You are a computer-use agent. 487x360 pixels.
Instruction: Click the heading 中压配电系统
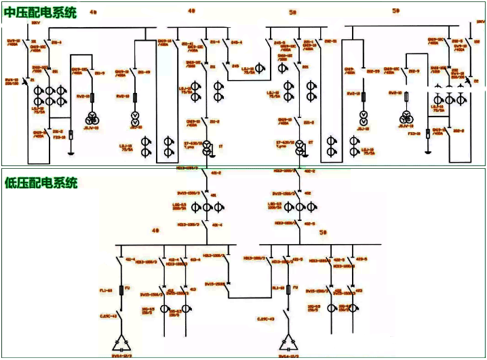[x=41, y=12]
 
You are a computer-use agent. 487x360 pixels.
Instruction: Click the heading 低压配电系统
[x=41, y=182]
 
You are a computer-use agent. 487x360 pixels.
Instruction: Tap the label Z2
[x=475, y=80]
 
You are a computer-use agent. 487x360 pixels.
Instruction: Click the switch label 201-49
[x=144, y=71]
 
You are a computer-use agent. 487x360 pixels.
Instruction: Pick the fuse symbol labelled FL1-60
[x=121, y=290]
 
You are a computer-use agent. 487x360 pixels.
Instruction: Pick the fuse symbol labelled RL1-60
[x=290, y=290]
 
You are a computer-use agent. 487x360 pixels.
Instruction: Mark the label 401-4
[x=216, y=223]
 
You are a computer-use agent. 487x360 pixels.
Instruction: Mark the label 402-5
[x=309, y=223]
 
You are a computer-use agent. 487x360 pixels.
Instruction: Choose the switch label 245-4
[x=237, y=42]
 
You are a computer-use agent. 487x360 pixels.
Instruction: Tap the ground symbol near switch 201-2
[x=71, y=153]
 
